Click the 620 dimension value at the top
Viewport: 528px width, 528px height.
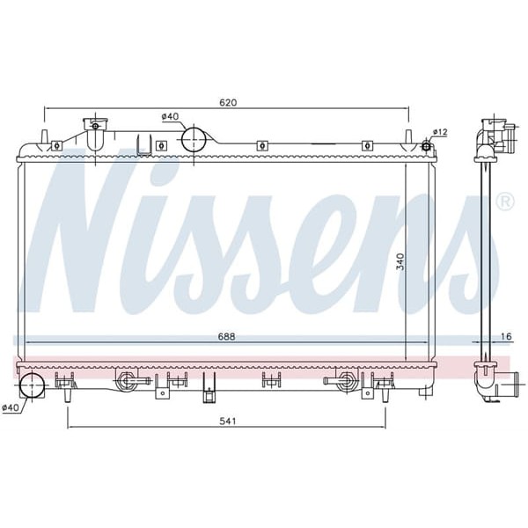tap(228, 103)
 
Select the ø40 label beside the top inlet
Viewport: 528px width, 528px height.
tap(170, 116)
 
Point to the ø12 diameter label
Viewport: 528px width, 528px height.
tap(440, 132)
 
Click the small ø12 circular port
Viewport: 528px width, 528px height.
tap(428, 144)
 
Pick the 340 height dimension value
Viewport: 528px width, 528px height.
tap(400, 262)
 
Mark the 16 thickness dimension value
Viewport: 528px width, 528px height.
tap(505, 335)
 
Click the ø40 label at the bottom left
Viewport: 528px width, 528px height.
tap(11, 407)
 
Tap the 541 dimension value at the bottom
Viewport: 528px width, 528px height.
tap(228, 421)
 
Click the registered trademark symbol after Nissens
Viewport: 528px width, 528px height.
tap(504, 202)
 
